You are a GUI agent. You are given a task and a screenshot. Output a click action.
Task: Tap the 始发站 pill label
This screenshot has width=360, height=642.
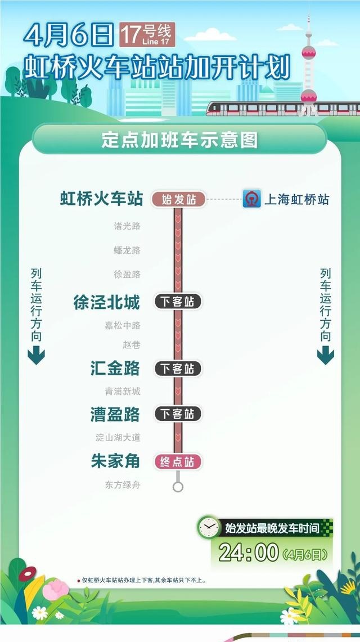[178, 200]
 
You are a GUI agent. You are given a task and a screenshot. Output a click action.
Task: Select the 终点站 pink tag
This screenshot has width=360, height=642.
[178, 462]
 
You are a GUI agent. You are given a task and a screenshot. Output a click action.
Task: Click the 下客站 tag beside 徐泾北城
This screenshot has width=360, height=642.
[178, 302]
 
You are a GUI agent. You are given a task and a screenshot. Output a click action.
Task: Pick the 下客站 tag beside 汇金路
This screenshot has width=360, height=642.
[178, 369]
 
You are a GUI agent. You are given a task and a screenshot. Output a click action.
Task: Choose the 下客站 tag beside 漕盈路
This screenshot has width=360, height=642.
[178, 414]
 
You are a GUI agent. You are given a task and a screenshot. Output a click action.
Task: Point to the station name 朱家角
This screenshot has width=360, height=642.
[115, 461]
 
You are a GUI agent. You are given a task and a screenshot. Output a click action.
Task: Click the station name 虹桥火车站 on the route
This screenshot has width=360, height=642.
[102, 199]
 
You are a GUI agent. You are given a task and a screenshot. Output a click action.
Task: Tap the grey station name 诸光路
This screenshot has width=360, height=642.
[127, 226]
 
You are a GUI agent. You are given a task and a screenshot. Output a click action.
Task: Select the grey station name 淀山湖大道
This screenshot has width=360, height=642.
[118, 438]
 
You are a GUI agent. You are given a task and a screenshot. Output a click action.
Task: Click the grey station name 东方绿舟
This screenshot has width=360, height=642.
[123, 485]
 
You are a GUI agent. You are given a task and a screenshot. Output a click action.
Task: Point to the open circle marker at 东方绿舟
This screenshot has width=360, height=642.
[178, 486]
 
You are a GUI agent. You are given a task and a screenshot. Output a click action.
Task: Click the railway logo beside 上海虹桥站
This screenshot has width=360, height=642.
[251, 199]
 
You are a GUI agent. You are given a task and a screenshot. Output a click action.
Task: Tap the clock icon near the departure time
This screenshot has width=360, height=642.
[209, 527]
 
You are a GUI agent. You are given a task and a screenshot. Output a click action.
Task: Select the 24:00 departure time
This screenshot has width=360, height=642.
[249, 553]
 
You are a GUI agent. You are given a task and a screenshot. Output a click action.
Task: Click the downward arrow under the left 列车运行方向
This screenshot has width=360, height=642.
[37, 355]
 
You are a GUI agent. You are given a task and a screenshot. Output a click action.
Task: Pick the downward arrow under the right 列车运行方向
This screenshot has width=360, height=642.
[326, 355]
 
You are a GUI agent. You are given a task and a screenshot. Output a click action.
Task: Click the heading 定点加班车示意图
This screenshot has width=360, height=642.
[179, 140]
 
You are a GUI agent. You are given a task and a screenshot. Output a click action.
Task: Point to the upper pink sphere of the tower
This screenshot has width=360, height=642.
[308, 52]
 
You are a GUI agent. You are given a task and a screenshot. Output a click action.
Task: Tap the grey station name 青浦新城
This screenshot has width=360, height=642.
[123, 392]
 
